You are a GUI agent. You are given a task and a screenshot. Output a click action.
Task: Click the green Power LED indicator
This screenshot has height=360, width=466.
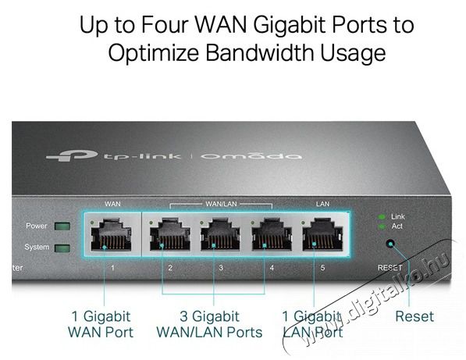pos(62,226)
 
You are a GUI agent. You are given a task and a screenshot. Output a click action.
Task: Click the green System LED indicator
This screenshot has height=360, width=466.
pos(62,248)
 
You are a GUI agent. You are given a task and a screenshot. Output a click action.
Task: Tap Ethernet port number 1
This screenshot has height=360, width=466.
pos(111,234)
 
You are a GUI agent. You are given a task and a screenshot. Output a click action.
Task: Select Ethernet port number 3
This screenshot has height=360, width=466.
pos(220,234)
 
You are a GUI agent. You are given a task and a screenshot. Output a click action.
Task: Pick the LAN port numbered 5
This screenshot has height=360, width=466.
pos(322,234)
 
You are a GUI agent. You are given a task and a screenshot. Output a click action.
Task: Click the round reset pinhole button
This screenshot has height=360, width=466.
pos(390,244)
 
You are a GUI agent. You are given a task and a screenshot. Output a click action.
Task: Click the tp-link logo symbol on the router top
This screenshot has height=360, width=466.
pos(72,155)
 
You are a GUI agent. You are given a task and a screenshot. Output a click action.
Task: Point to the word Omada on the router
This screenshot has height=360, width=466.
pos(251,155)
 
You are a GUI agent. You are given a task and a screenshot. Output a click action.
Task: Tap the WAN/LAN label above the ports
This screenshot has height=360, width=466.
pos(221,204)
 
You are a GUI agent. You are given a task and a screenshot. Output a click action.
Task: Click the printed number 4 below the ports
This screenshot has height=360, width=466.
pos(272,268)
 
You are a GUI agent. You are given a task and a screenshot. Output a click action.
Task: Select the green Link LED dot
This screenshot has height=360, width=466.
pos(382,217)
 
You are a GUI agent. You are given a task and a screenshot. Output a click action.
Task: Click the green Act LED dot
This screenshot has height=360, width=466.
pos(382,227)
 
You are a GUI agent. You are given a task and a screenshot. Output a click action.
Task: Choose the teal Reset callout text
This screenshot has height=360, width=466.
pos(414,316)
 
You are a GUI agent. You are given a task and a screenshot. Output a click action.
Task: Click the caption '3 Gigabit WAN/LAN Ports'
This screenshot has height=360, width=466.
pos(209,324)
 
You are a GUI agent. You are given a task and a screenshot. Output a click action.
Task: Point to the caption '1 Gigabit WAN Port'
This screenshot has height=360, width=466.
pos(101,324)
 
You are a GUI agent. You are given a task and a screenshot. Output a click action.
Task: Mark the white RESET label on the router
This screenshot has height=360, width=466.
pos(390,268)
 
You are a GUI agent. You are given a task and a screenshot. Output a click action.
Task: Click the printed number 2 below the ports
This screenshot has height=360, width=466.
pos(170,268)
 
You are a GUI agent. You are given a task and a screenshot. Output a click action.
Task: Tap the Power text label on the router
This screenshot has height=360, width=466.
pos(36,226)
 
